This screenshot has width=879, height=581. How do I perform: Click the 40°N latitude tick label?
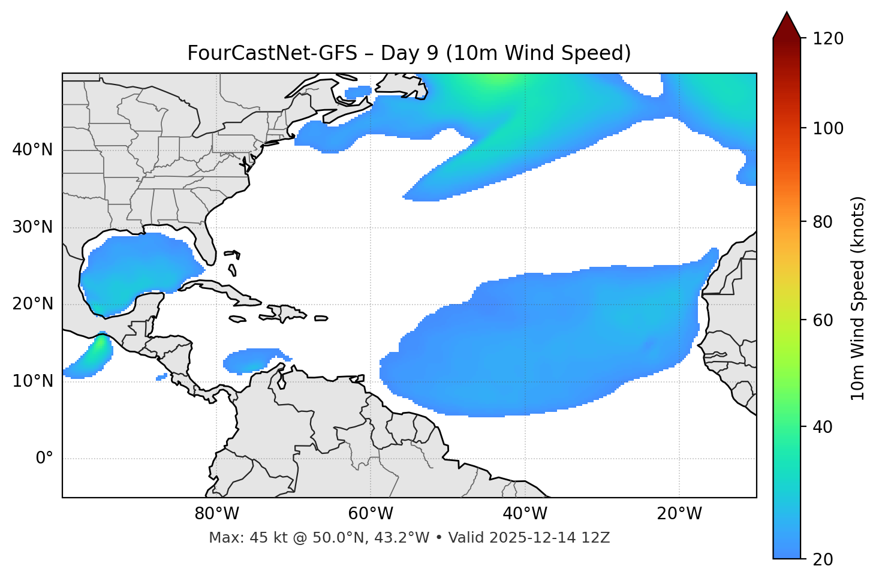click(x=32, y=150)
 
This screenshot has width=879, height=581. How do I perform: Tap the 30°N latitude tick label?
click(x=32, y=227)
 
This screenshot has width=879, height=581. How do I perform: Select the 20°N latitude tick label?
click(x=32, y=304)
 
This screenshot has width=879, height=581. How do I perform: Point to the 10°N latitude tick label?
click(x=32, y=381)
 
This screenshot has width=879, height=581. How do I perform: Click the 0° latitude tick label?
click(x=44, y=459)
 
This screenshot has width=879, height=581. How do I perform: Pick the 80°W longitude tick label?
click(x=216, y=514)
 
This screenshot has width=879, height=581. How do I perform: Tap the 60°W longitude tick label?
click(x=371, y=514)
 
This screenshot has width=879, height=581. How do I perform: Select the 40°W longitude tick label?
click(x=525, y=514)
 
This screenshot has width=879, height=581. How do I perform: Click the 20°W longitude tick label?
click(x=679, y=514)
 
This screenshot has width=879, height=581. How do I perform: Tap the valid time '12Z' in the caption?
click(x=595, y=538)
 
